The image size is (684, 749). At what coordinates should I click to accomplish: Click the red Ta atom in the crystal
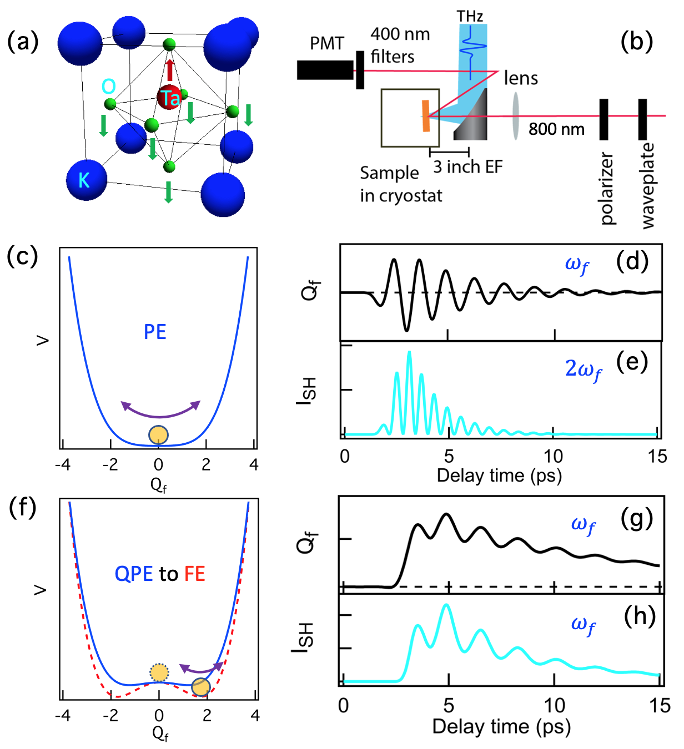169,98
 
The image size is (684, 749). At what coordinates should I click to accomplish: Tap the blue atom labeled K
86,180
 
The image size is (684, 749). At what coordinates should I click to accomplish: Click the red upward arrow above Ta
170,70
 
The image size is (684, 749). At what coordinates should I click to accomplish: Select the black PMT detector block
325,70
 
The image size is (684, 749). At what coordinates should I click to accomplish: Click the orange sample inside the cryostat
426,116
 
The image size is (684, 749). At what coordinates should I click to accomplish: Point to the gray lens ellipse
516,116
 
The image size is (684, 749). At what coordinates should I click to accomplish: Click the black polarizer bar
603,119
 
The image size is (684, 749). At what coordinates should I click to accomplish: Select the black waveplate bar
642,119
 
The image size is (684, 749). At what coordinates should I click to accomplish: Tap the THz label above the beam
470,17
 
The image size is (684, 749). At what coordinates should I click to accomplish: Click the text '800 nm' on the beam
556,129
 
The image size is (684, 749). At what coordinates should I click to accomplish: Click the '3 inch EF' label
467,166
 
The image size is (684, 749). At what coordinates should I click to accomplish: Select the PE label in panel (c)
155,332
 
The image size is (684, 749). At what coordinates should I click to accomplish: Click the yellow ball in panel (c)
159,435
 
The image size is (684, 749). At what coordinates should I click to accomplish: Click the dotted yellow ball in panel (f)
159,672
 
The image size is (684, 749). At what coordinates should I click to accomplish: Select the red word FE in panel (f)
195,574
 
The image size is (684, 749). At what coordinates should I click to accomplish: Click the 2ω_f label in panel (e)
583,370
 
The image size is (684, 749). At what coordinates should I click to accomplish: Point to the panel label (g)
636,519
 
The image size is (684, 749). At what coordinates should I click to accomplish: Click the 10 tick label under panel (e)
553,456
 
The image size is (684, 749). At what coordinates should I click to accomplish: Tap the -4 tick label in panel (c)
63,464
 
